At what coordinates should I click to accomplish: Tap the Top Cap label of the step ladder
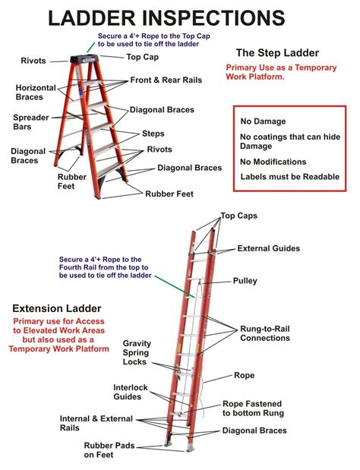[x=143, y=57]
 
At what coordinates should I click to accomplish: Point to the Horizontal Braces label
[x=36, y=93]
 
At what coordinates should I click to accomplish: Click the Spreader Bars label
[x=31, y=123]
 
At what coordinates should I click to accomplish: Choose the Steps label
[x=153, y=134]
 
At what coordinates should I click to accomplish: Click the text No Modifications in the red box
[x=273, y=162]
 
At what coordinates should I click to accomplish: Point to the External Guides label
[x=268, y=248]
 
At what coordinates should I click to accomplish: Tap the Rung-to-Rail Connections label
[x=264, y=333]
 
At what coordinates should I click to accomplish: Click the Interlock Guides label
[x=130, y=393]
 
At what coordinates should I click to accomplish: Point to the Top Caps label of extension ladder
[x=238, y=216]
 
